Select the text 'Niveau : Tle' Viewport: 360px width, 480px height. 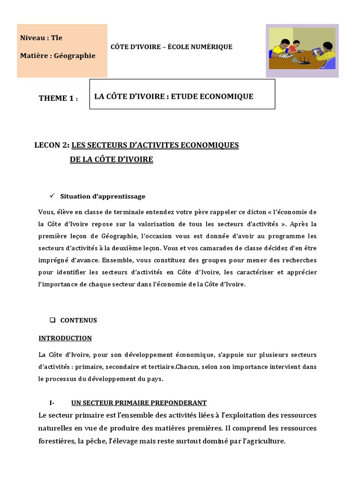41,37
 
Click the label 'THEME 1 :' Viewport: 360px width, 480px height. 58,98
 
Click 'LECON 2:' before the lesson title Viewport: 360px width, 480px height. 52,145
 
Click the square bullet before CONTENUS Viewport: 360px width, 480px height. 52,320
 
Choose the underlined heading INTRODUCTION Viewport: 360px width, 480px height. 65,338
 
